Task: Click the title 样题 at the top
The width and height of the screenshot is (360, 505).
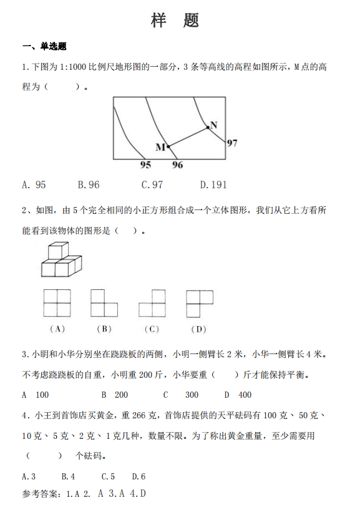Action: click(x=175, y=21)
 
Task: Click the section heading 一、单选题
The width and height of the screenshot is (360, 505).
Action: click(x=44, y=46)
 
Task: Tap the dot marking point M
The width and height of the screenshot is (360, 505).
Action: click(x=168, y=146)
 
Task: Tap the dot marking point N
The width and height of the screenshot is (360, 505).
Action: click(x=208, y=127)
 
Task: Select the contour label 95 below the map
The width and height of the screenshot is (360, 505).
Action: click(x=145, y=165)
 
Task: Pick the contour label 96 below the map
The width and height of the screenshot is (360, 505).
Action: click(x=177, y=165)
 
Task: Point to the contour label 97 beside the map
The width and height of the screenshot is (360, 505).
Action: click(x=231, y=143)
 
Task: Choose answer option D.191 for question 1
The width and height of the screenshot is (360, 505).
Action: click(x=213, y=185)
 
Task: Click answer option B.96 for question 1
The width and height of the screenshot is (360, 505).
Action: click(x=89, y=185)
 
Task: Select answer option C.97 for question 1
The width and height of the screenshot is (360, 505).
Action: click(x=152, y=185)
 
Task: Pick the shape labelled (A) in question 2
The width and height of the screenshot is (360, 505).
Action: click(x=57, y=304)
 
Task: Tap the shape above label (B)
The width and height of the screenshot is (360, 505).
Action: click(x=104, y=304)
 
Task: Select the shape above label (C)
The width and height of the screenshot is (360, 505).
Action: click(x=152, y=304)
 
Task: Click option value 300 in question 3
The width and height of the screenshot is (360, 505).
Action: click(x=192, y=395)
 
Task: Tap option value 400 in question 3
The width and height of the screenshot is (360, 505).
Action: click(x=245, y=395)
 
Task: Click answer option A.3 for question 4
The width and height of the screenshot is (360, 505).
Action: click(x=29, y=476)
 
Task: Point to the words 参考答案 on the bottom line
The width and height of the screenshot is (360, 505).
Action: click(x=39, y=494)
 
